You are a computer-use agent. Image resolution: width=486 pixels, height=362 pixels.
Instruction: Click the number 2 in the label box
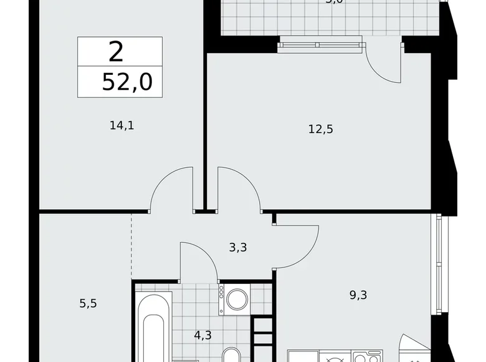coord(116,52)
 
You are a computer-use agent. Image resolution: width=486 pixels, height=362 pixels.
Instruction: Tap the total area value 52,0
coord(127,82)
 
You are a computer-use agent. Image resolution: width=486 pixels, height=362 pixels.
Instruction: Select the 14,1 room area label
coord(122,125)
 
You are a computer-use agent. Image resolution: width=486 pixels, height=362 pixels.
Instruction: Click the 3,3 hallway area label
coord(238,247)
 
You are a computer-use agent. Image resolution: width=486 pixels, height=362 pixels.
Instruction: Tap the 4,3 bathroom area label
coord(202,335)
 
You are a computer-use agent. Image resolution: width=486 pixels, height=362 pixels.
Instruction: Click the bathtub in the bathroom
coord(153,331)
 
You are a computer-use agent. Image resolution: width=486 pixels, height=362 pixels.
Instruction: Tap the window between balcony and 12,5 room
coord(320,43)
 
